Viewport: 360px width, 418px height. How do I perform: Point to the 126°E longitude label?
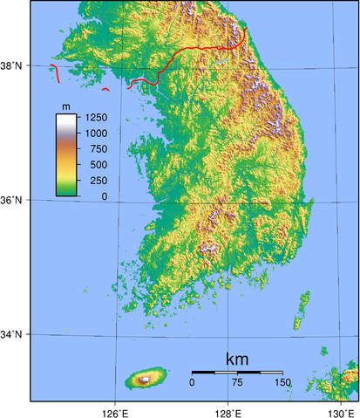coord(115,410)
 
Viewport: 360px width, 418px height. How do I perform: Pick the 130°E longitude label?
coord(341,410)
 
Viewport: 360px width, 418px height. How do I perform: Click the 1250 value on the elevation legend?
coord(96,116)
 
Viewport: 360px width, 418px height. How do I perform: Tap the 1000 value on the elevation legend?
coord(96,133)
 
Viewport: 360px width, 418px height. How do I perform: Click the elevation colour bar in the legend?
coord(66,153)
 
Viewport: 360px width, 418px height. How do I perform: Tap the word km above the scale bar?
coord(237,359)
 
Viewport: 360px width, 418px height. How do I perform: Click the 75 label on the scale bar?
coord(237,382)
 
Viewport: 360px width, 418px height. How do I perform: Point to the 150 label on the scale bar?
coord(282,382)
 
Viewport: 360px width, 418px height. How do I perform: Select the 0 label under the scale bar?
coord(192,382)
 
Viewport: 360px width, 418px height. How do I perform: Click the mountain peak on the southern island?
coord(143,379)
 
